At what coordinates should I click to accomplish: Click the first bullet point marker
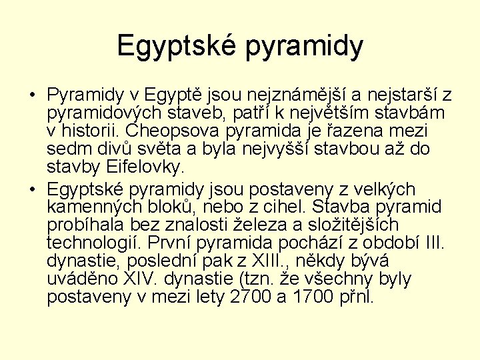[33, 94]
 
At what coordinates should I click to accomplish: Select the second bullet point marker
[33, 190]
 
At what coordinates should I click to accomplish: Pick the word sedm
[69, 148]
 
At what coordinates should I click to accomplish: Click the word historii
[93, 130]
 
